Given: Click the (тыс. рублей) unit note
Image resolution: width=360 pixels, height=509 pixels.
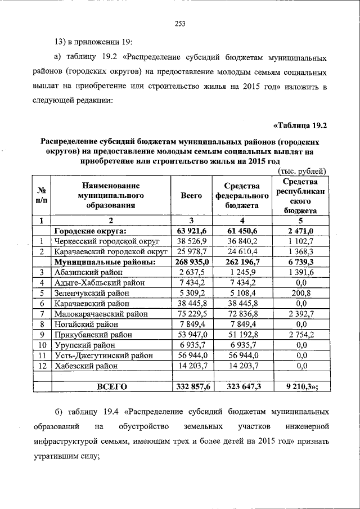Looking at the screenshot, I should [302, 171].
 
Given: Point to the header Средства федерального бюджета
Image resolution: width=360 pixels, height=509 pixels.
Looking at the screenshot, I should [241, 196].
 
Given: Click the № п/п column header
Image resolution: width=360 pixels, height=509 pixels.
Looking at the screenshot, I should [42, 195].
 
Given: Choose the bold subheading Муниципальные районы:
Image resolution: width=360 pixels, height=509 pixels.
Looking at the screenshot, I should [104, 262].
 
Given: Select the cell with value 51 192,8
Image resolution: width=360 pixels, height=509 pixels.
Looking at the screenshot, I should [241, 335].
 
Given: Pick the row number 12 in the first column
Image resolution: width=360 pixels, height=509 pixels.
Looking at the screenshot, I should [42, 366].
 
